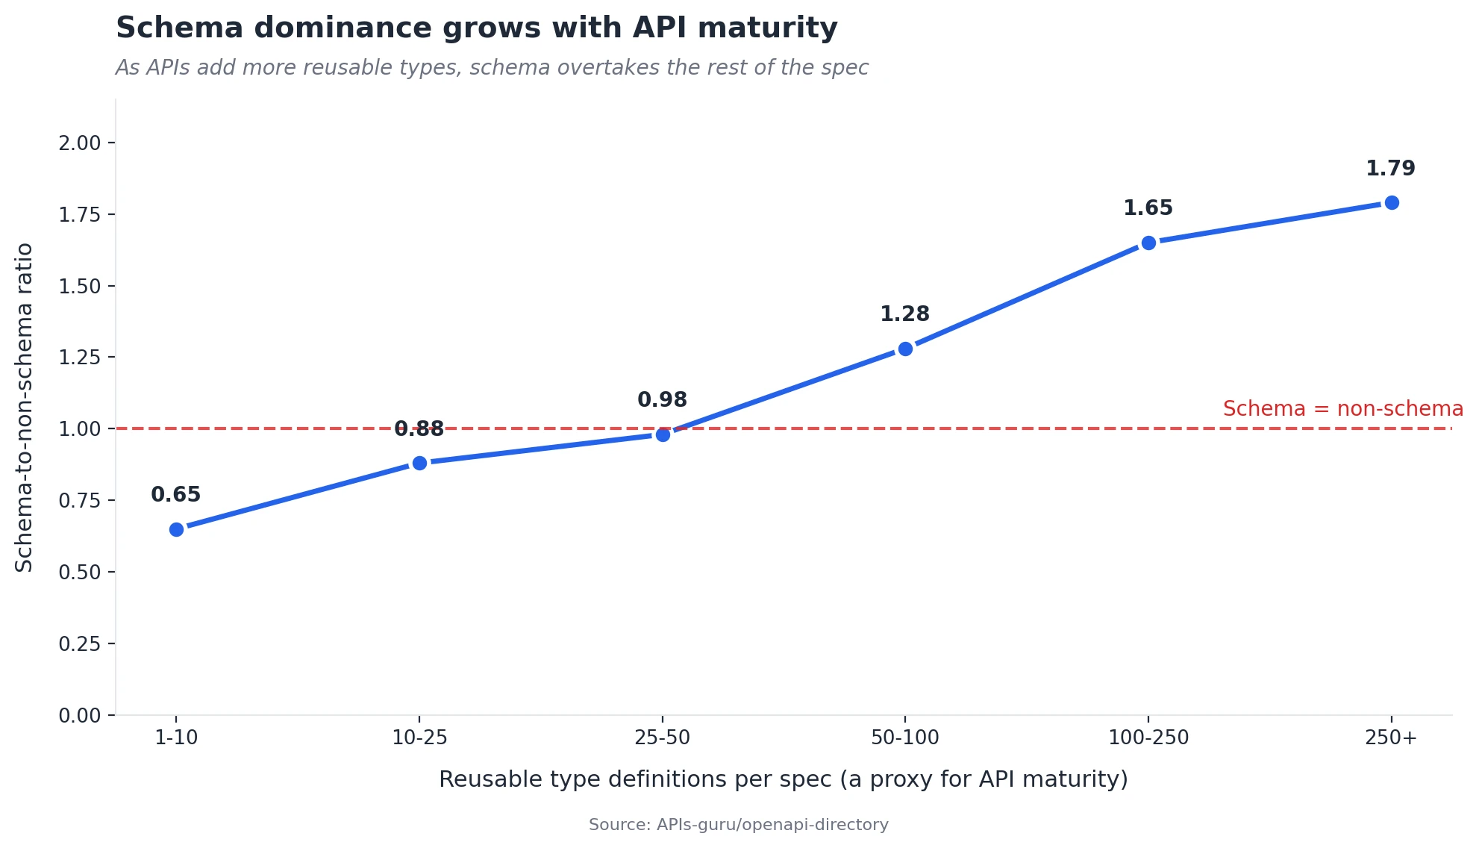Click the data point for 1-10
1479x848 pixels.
click(x=176, y=529)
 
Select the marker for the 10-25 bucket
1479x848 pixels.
click(x=419, y=463)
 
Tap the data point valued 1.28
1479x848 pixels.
click(x=905, y=349)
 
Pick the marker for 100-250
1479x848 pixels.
click(x=1148, y=243)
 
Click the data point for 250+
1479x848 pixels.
click(x=1392, y=202)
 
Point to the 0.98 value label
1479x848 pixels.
click(x=662, y=400)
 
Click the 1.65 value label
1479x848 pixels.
click(x=1148, y=208)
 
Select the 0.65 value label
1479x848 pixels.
click(x=176, y=495)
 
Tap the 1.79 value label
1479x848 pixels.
click(x=1390, y=169)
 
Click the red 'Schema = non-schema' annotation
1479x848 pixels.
click(x=1342, y=409)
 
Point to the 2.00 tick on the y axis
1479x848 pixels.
click(x=80, y=143)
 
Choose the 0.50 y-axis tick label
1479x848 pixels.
click(x=80, y=572)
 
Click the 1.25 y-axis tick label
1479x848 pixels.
click(x=80, y=357)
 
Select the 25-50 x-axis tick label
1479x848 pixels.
click(x=662, y=738)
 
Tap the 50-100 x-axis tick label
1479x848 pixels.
click(x=905, y=738)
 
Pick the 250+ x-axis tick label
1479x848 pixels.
click(x=1391, y=738)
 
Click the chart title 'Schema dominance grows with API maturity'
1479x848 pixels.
click(x=477, y=28)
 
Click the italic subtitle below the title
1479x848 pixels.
click(x=492, y=68)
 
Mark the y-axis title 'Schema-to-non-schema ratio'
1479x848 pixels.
click(x=24, y=408)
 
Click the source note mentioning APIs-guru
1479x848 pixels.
click(x=738, y=825)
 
